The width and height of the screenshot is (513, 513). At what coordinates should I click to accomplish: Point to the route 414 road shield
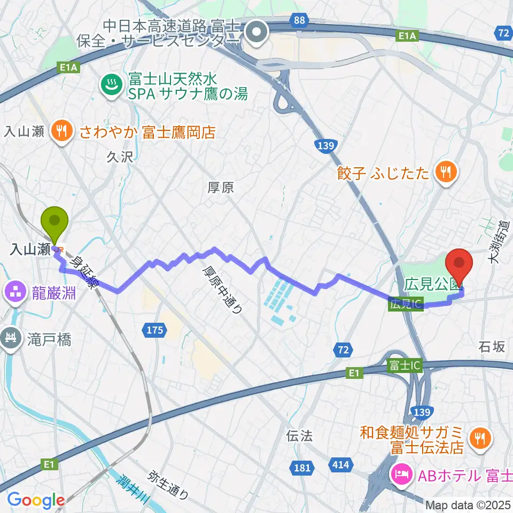[340, 465]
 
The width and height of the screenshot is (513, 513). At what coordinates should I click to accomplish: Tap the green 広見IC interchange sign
[406, 304]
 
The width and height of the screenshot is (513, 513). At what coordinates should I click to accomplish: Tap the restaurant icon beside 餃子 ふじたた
[445, 172]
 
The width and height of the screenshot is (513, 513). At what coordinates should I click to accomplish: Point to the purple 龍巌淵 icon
[12, 292]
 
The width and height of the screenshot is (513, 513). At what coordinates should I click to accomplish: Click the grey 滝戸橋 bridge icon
[11, 339]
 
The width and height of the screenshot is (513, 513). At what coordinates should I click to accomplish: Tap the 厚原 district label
[220, 188]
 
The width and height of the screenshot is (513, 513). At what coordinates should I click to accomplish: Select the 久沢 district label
[119, 157]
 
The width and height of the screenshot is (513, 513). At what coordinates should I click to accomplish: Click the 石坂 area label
[492, 347]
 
